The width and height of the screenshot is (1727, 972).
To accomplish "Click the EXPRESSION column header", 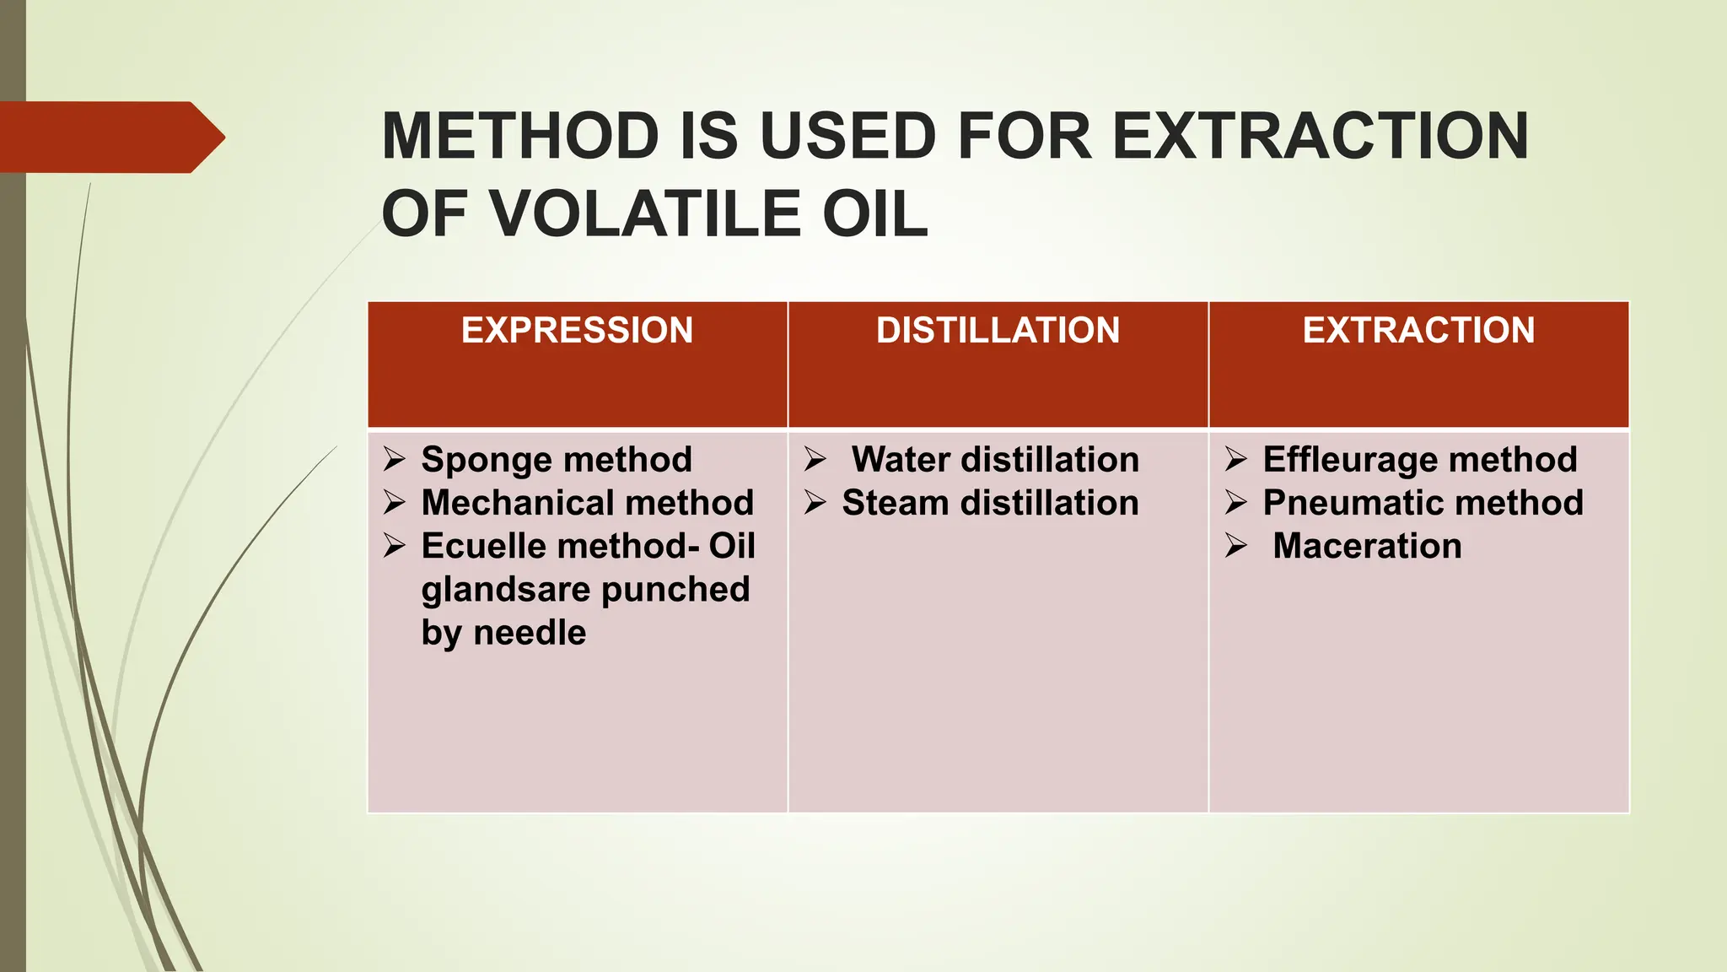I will (x=577, y=330).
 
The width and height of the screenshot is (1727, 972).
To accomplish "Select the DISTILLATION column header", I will (x=998, y=330).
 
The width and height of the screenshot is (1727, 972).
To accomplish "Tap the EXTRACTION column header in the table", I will (x=1418, y=330).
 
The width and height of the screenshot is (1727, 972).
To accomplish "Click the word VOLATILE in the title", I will (x=646, y=214).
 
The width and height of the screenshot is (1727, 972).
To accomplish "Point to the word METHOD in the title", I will (x=520, y=137).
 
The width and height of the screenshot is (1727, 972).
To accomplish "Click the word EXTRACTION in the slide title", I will (x=1321, y=137).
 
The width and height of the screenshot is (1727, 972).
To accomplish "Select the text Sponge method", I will (x=557, y=460).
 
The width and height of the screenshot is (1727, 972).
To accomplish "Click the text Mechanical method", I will (x=587, y=503).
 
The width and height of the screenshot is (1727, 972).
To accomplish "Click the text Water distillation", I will (x=995, y=460).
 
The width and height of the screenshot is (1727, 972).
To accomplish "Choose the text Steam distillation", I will (x=990, y=503).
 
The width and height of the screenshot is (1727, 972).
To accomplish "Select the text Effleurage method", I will (x=1420, y=460).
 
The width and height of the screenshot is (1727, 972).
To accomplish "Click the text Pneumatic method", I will (x=1423, y=503).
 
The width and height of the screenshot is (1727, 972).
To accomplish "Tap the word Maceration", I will (x=1367, y=546).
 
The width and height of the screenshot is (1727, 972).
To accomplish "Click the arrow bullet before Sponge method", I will (x=394, y=459).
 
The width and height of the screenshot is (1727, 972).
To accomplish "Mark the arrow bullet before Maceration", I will (x=1235, y=546).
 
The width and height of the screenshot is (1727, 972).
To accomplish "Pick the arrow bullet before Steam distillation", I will (x=815, y=503).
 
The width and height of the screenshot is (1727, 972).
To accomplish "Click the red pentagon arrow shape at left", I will (x=110, y=138).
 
